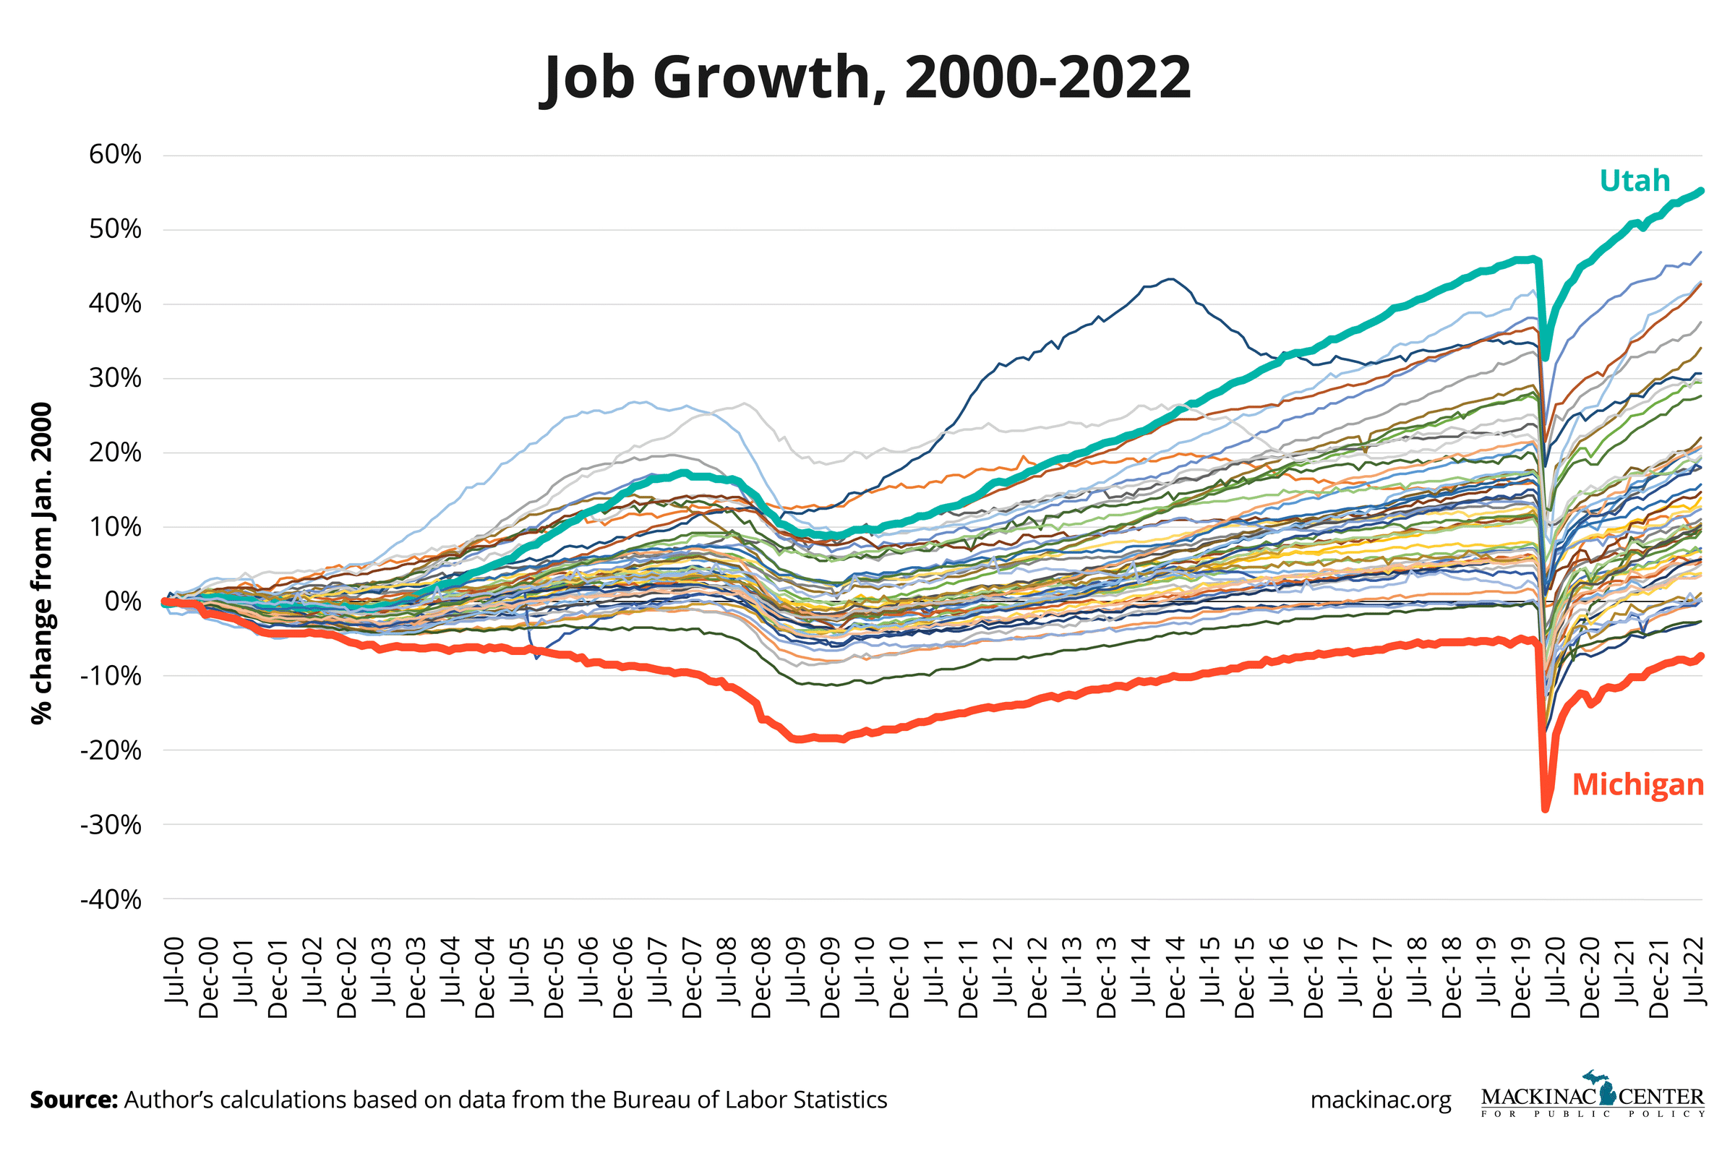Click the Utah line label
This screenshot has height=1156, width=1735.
(1634, 181)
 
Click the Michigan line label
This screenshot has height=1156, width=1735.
(1637, 784)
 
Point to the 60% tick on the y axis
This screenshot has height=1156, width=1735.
(115, 155)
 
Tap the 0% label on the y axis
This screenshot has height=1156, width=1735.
(122, 601)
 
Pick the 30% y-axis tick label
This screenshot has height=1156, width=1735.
(115, 378)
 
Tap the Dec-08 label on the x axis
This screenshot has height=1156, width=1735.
(761, 977)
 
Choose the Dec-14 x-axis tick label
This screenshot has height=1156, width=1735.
(1175, 977)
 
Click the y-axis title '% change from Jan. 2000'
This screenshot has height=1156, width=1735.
(42, 563)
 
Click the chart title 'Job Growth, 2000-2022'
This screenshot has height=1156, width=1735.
(867, 77)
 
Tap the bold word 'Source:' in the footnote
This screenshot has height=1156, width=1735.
(74, 1099)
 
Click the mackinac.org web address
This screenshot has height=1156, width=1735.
(1381, 1100)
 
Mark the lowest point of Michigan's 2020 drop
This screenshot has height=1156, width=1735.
(1545, 809)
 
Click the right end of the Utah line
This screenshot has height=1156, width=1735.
(1700, 191)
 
